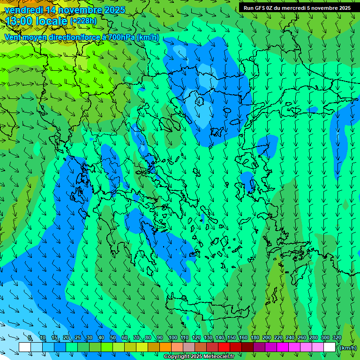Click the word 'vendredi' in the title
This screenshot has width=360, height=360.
[x=23, y=10]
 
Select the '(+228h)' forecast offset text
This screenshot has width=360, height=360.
[x=83, y=21]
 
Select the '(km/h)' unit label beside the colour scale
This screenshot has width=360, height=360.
[x=348, y=347]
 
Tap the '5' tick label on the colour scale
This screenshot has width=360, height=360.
[x=30, y=338]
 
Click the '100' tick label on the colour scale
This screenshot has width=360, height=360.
[x=172, y=338]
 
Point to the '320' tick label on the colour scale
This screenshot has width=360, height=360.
[x=337, y=338]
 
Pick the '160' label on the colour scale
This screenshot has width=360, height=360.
[x=243, y=338]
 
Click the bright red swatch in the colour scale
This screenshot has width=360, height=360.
[x=224, y=347]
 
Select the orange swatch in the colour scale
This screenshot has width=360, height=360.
[x=165, y=347]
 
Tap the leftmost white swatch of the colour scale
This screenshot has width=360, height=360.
[x=25, y=347]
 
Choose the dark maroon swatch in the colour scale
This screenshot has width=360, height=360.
[x=247, y=347]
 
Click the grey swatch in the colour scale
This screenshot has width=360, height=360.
[x=189, y=347]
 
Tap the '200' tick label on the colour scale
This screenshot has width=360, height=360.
[x=266, y=338]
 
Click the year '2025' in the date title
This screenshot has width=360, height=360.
[x=114, y=10]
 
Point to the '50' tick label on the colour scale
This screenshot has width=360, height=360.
[x=112, y=338]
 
